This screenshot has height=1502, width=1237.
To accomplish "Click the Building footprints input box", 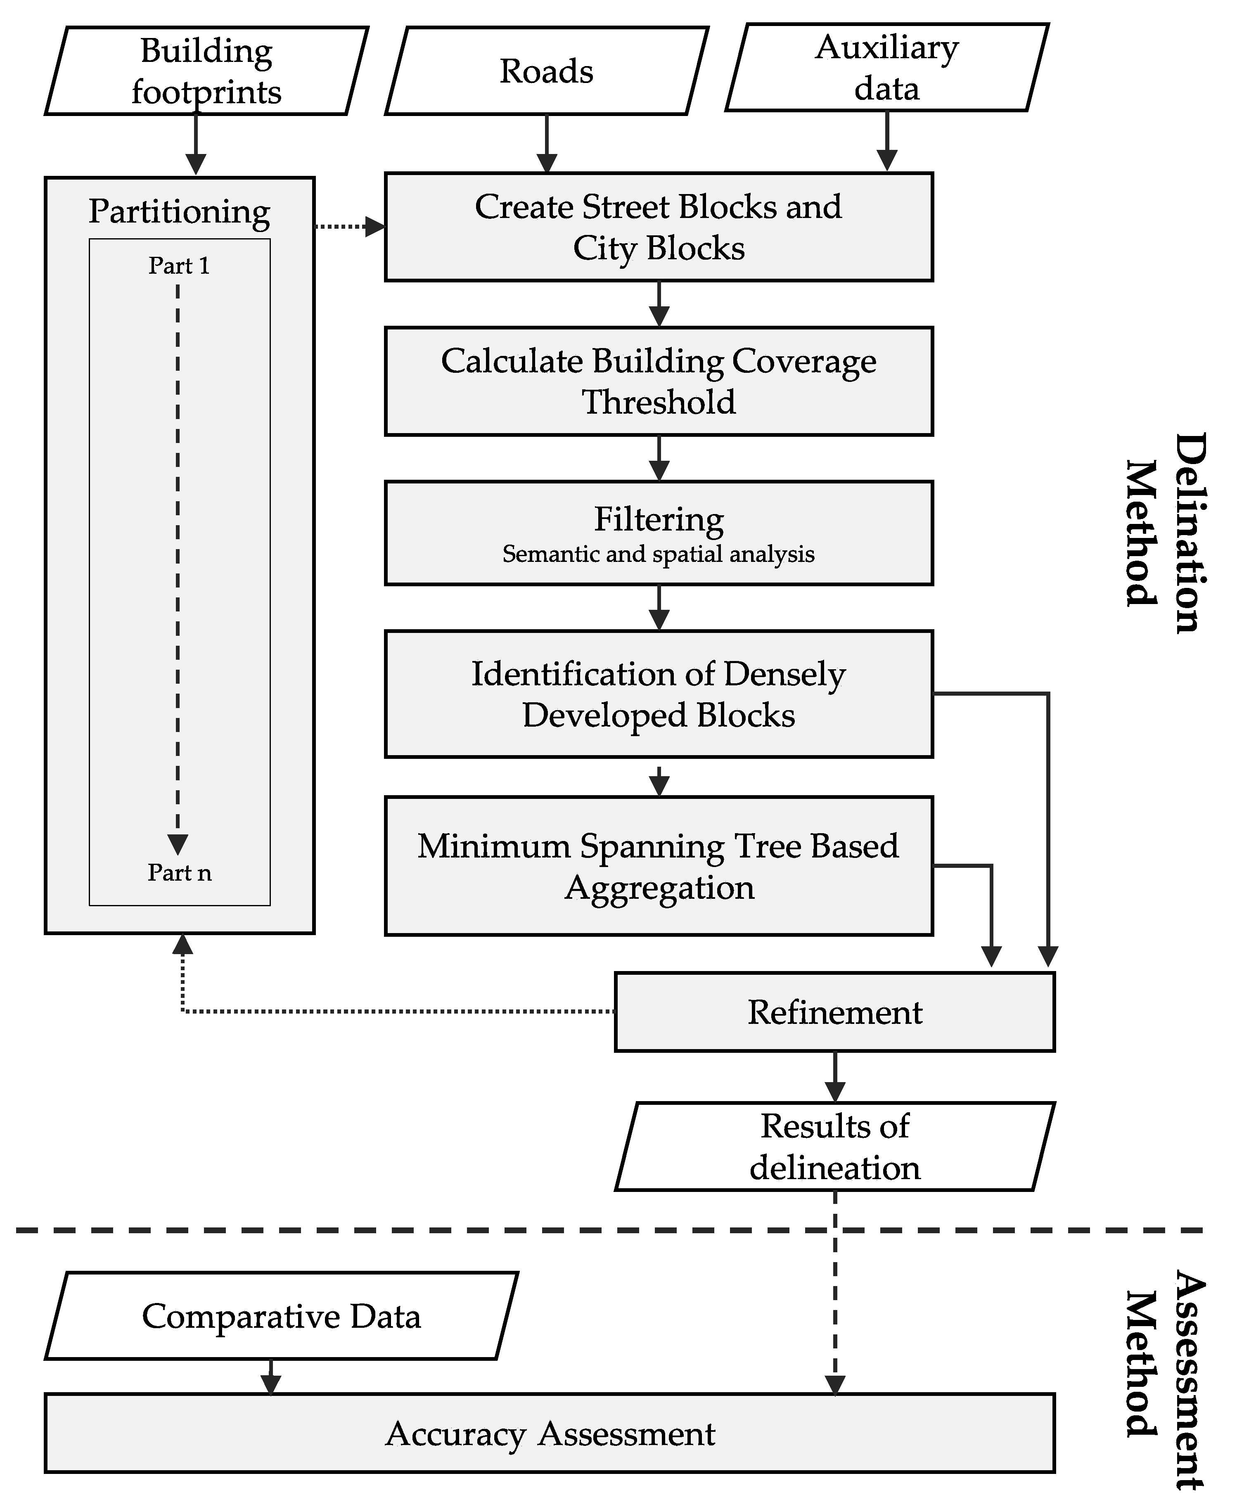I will (x=206, y=71).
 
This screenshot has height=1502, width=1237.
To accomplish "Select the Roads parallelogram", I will (x=546, y=71).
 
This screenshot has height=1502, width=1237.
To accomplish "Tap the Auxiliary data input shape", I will (x=886, y=68).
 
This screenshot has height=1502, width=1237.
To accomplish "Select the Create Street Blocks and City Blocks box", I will (x=659, y=227).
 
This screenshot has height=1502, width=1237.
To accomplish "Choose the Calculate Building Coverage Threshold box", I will (x=659, y=381).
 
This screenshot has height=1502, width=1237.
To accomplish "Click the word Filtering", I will (x=659, y=519).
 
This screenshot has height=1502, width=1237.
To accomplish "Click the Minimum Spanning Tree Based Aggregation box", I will (x=659, y=866).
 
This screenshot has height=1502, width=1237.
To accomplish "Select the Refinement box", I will (x=834, y=1012).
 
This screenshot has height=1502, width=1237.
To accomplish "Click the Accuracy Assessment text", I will (x=550, y=1433).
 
